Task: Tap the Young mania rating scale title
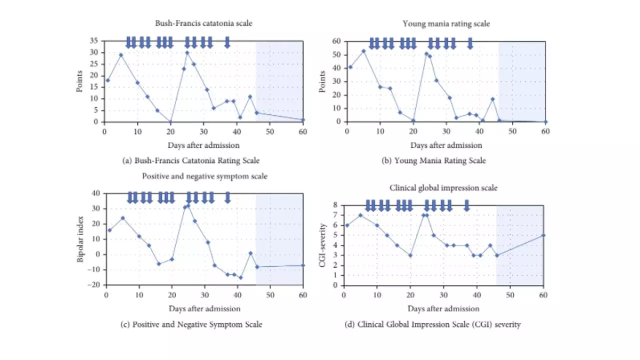click(446, 23)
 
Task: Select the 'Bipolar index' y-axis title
click(80, 239)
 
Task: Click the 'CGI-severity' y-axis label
click(323, 245)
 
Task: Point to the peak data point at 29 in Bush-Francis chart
click(121, 55)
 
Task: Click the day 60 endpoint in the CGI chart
click(543, 235)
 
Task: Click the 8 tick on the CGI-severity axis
click(336, 205)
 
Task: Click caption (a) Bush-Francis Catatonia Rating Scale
click(190, 160)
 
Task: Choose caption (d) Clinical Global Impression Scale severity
click(432, 324)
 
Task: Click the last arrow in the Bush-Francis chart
click(227, 42)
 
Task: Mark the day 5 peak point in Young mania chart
click(363, 50)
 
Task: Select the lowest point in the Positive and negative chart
click(240, 277)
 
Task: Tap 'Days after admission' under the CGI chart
click(443, 308)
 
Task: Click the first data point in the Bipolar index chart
click(109, 230)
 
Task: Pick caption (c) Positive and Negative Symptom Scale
click(191, 324)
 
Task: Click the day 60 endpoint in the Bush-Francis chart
click(303, 120)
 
